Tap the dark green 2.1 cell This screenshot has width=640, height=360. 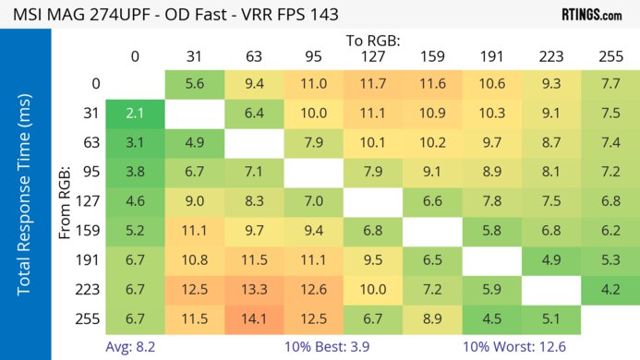pyautogui.click(x=135, y=113)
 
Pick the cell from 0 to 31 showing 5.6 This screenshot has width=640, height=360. pyautogui.click(x=194, y=83)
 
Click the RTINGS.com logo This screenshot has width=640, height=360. pyautogui.click(x=591, y=15)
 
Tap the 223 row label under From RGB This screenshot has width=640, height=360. pyautogui.click(x=89, y=290)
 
